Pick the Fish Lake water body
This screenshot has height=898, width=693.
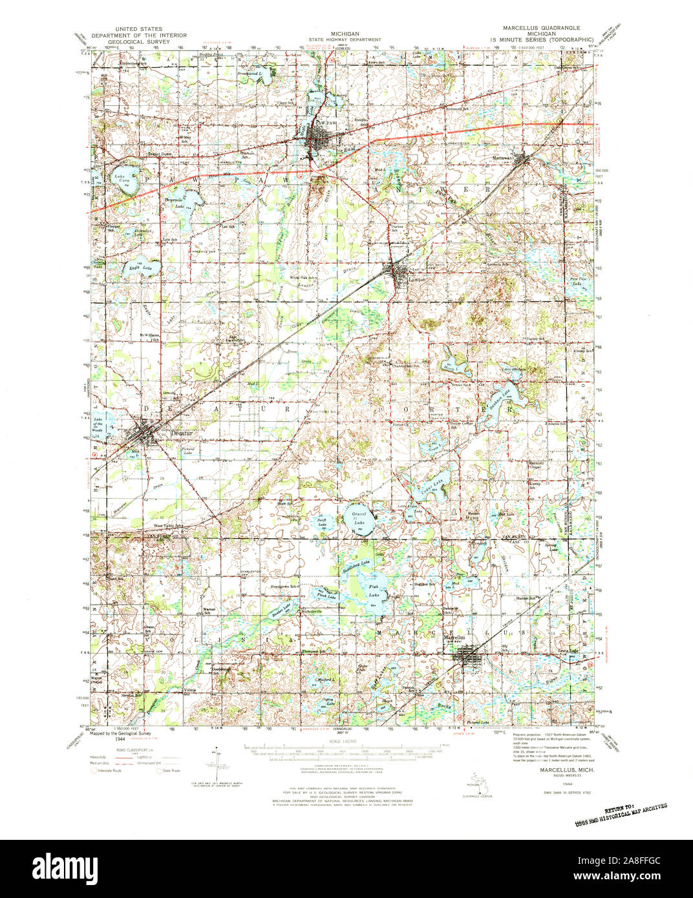pyautogui.click(x=373, y=590)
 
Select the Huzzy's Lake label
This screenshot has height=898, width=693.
pyautogui.click(x=451, y=368)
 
